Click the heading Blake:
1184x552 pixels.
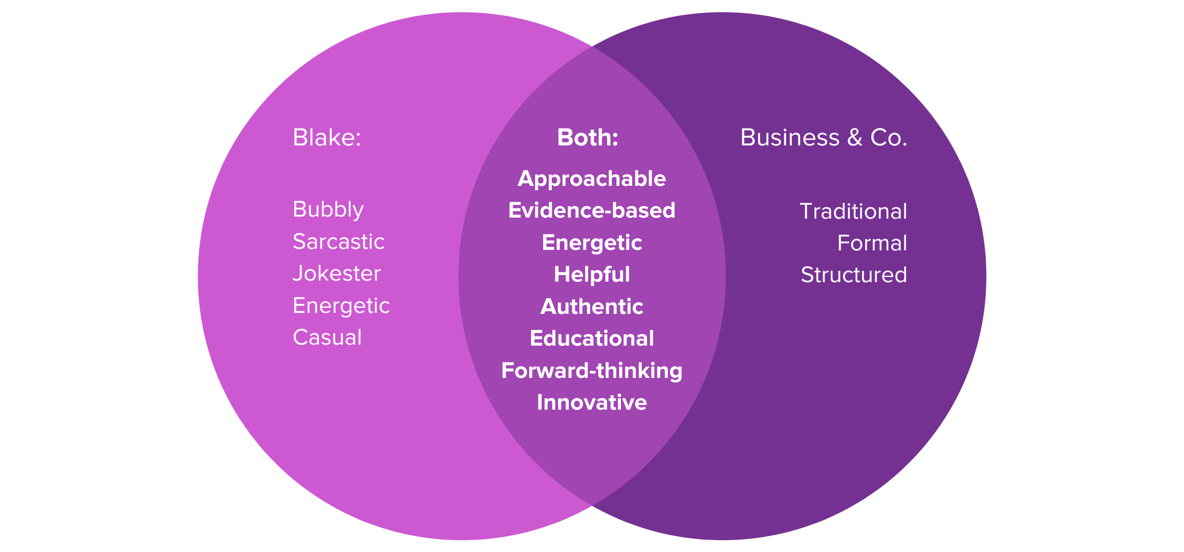click(327, 138)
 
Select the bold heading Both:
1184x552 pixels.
click(588, 138)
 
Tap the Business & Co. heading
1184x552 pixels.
click(823, 138)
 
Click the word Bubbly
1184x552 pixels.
click(328, 210)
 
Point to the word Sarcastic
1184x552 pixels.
click(338, 242)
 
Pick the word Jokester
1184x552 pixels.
click(336, 273)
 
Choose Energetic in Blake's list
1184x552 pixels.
click(341, 306)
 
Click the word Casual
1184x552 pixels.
click(327, 337)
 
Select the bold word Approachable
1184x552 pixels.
click(592, 179)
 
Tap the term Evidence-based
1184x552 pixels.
click(592, 210)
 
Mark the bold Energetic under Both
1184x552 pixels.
click(592, 243)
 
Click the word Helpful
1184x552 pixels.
click(592, 274)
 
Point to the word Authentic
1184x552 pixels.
click(592, 307)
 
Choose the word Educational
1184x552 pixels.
click(592, 338)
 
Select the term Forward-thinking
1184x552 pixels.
click(592, 371)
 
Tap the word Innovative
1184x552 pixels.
click(592, 402)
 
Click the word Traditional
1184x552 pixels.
click(853, 211)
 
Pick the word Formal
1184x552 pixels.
click(872, 243)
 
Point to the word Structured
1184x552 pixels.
click(853, 275)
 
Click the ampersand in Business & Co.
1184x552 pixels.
click(854, 138)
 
